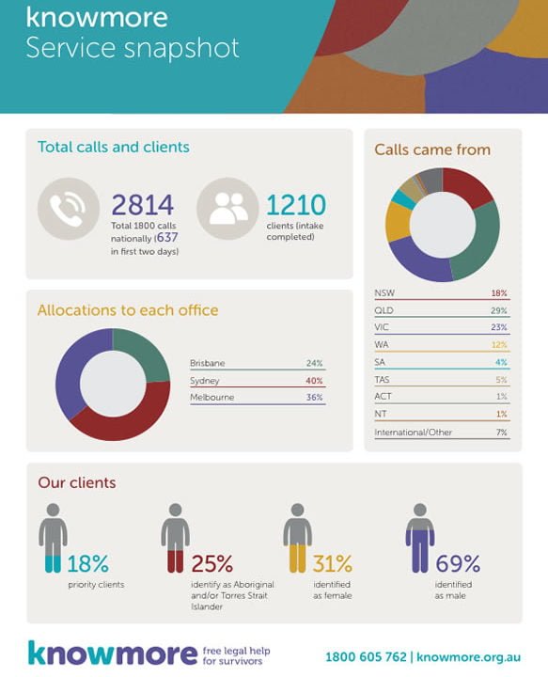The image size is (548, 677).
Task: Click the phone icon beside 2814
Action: coord(69,209)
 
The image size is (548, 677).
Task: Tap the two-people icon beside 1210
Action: coord(227,209)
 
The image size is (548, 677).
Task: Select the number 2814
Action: coord(142,205)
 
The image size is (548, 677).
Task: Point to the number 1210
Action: coord(296,205)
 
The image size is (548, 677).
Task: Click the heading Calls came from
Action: coord(432,150)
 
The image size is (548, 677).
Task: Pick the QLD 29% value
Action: coord(498,310)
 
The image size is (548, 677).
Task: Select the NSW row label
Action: coord(384,292)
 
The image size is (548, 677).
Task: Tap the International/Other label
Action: coord(413,433)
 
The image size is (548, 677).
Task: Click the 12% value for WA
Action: coord(499,345)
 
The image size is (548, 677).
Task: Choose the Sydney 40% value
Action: coord(314,381)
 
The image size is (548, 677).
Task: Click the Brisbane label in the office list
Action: coord(207,363)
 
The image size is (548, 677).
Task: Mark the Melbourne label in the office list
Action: coord(211,397)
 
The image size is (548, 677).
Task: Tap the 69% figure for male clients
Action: coord(458,563)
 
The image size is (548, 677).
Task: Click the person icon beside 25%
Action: coord(175,538)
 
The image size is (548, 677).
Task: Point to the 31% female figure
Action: coord(332,563)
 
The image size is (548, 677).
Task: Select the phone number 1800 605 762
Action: coord(366,656)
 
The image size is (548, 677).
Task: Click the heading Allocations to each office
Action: coord(128,310)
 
